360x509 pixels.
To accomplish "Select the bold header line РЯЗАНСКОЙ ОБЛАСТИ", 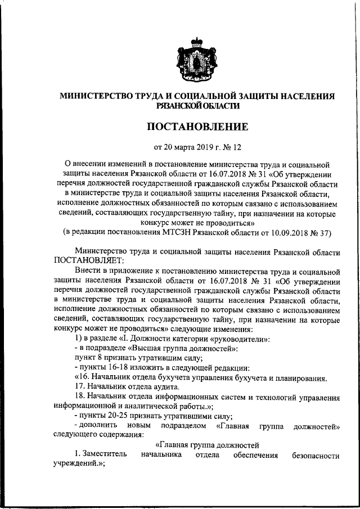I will pyautogui.click(x=198, y=105).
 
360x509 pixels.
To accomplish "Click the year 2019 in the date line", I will pyautogui.click(x=207, y=148).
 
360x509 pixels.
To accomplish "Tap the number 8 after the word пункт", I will pyautogui.click(x=102, y=359).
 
